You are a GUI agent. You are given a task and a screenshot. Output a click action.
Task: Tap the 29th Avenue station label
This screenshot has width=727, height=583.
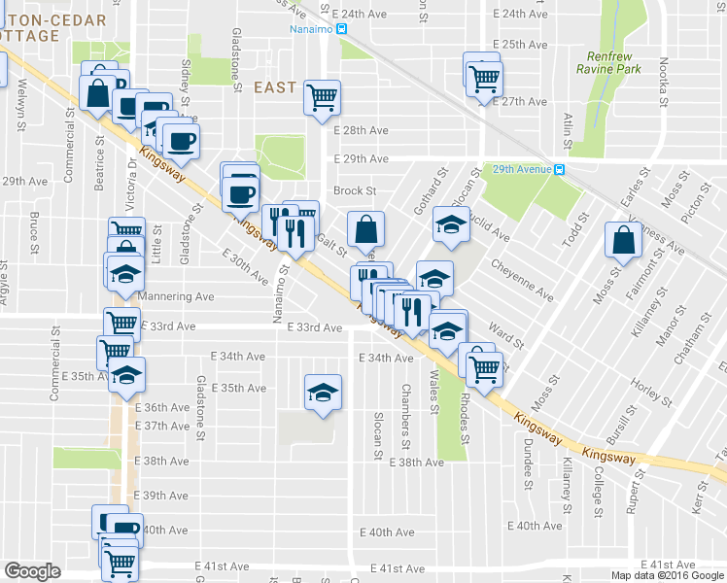[x=523, y=169]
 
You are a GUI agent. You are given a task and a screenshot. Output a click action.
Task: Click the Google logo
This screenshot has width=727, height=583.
[x=32, y=571]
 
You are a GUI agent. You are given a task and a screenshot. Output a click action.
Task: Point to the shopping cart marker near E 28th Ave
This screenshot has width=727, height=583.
[x=322, y=97]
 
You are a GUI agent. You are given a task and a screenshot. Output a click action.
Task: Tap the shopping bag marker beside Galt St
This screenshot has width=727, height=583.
[x=365, y=230]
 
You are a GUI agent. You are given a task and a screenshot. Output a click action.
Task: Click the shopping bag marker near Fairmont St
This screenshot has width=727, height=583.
[x=623, y=239]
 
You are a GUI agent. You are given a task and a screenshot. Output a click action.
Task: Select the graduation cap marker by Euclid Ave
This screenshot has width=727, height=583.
[x=451, y=224]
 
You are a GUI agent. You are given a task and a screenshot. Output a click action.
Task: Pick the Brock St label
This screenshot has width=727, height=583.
[x=355, y=191]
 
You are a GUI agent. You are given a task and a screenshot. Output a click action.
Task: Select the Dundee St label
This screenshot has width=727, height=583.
[x=529, y=462]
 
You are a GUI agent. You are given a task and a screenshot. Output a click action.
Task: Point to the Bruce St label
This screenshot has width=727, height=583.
[x=33, y=229]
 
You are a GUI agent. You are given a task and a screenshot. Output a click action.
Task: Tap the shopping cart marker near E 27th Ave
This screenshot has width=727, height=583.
[x=483, y=78]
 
